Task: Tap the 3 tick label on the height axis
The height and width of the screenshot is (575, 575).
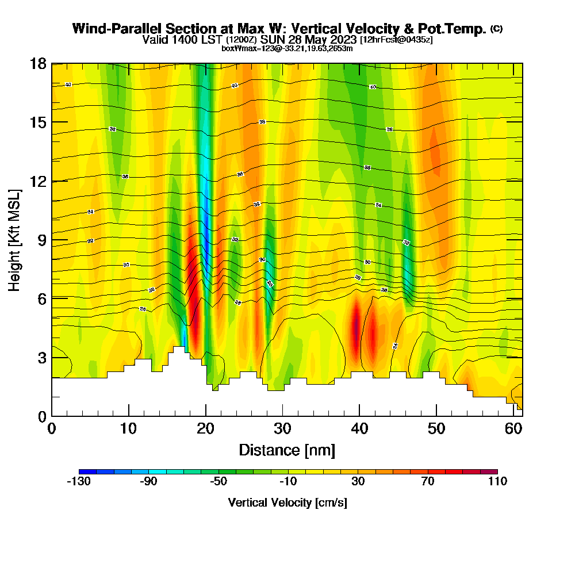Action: pos(41,358)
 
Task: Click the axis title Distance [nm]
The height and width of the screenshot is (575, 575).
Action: pos(286,450)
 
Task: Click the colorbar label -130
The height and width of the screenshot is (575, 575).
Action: pos(79,482)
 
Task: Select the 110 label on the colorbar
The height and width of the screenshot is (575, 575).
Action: pos(497,482)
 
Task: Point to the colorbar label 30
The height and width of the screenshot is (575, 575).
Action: pos(358,482)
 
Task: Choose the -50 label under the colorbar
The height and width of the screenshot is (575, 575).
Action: pos(218,482)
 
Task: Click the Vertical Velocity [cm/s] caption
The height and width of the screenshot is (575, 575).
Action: pos(287,503)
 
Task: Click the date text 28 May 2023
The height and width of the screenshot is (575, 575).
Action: pos(319,40)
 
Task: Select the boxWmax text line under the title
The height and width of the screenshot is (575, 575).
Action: pos(287,48)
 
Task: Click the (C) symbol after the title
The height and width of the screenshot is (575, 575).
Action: pos(496,29)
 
